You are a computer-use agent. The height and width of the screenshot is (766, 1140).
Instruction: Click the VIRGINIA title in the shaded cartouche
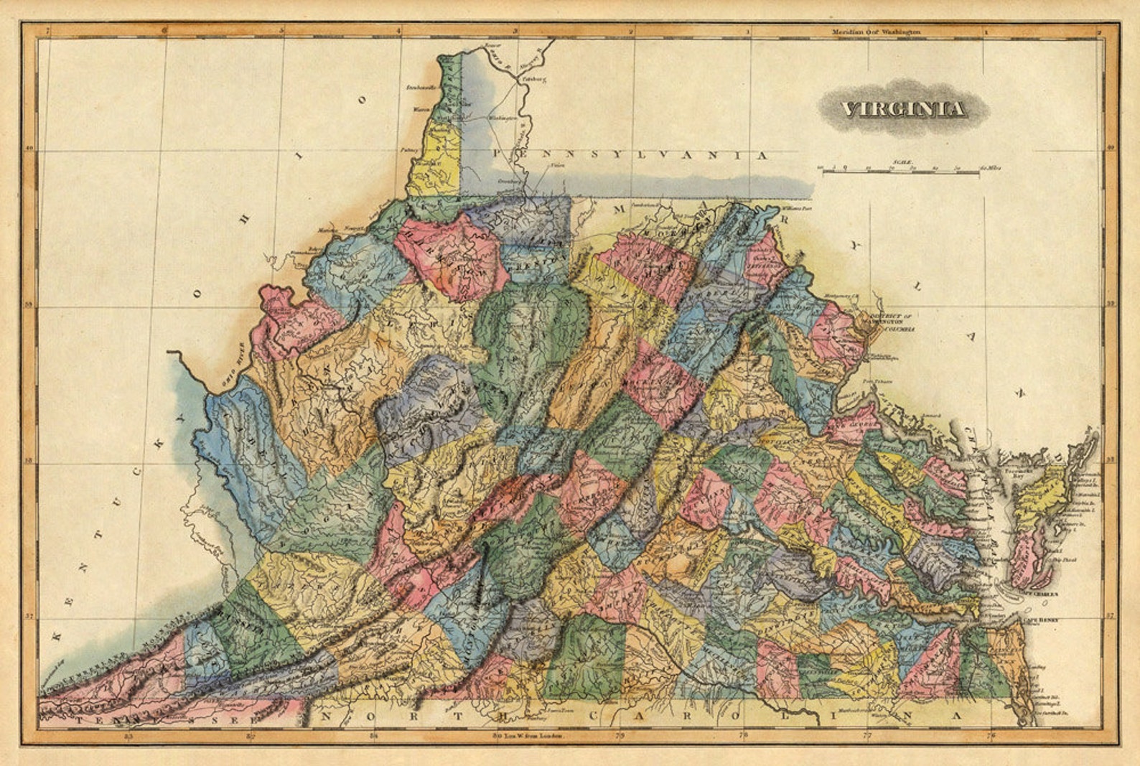click(903, 109)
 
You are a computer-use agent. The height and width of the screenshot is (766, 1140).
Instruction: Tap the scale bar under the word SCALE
click(901, 171)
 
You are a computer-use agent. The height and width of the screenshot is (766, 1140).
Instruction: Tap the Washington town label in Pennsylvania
click(503, 117)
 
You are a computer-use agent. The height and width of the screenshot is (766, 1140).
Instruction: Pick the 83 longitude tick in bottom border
click(129, 736)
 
